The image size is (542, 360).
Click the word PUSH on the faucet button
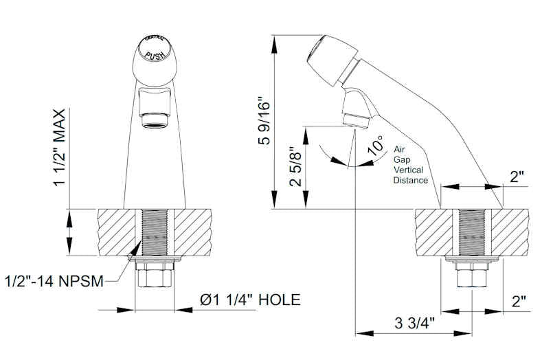tap(154, 52)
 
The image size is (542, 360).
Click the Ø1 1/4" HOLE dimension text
tap(249, 300)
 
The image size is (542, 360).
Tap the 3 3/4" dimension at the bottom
tap(416, 323)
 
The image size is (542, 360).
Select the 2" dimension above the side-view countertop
tap(517, 176)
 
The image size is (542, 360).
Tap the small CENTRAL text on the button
tap(154, 41)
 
